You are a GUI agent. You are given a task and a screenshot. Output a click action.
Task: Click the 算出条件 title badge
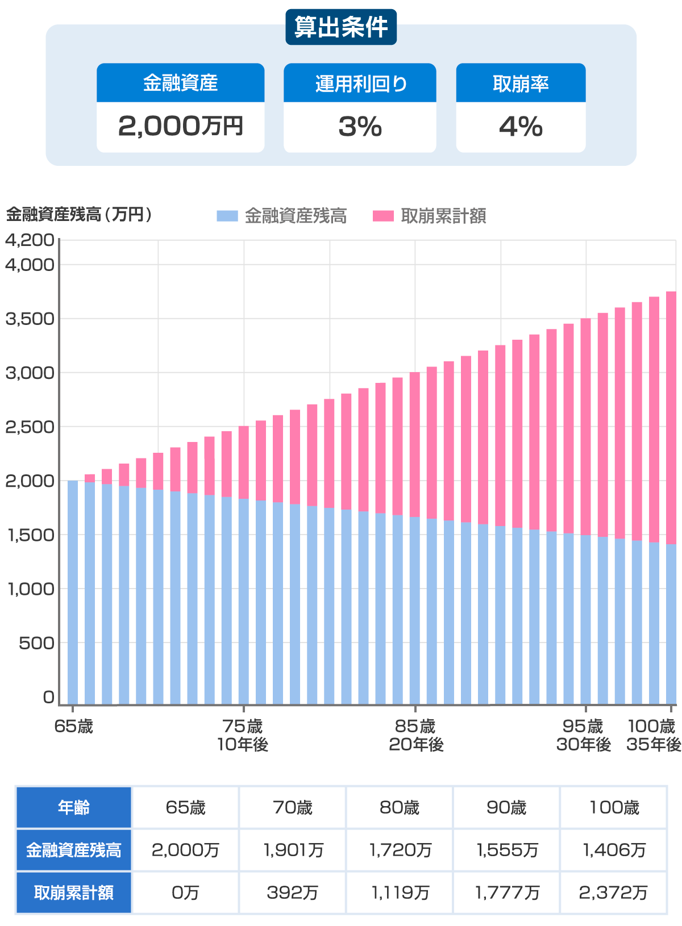(341, 27)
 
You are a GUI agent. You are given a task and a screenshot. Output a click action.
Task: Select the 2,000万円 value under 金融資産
(180, 126)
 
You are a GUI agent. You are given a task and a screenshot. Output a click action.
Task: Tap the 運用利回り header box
(360, 84)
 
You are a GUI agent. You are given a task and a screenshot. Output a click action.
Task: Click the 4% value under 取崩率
(521, 126)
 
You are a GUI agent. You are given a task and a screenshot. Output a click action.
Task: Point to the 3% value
(360, 126)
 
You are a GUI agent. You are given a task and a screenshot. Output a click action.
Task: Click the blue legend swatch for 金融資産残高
(227, 216)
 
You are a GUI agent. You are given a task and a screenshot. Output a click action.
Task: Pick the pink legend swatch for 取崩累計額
(383, 216)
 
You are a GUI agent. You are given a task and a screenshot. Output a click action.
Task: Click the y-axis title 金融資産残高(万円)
(79, 215)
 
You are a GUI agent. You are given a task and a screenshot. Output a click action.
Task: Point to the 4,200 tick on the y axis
(30, 240)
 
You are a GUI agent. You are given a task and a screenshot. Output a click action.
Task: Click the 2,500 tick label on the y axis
(30, 427)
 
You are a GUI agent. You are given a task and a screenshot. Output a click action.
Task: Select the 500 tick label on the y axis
(36, 643)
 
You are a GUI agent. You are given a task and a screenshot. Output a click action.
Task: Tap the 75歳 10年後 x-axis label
(243, 735)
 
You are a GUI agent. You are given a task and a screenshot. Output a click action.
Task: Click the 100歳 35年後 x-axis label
(653, 735)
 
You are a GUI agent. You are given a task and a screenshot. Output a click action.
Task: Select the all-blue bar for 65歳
(73, 591)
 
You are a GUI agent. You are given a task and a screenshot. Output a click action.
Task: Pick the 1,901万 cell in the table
(293, 850)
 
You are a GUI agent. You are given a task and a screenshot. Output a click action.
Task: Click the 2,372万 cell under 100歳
(613, 892)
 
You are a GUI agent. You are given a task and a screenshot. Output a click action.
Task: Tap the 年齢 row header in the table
(74, 807)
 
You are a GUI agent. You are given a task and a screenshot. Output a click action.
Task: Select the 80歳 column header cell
(400, 807)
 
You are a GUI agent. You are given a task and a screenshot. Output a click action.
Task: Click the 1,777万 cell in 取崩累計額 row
(506, 892)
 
